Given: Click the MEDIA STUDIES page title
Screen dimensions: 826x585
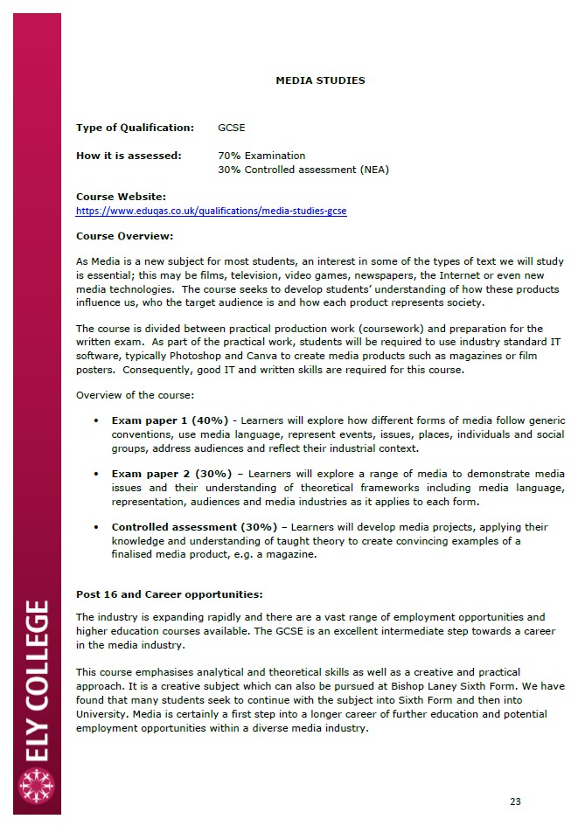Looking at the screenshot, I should pos(320,80).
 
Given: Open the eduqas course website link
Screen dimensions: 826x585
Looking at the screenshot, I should pos(211,211).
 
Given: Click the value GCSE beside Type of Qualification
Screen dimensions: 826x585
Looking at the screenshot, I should pos(231,128).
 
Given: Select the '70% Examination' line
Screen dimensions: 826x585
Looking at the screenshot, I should pos(261,156).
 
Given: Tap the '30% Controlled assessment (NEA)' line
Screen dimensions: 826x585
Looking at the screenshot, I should pos(303,170).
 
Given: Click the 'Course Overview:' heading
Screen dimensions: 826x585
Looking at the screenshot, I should pos(124,236).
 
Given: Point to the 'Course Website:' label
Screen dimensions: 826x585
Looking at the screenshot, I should pos(121,198).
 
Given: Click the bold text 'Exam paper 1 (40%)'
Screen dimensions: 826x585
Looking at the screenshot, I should pos(170,420).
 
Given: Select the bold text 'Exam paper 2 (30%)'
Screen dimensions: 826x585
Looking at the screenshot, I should pos(170,474).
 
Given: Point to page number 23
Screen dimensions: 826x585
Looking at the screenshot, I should pos(514,802).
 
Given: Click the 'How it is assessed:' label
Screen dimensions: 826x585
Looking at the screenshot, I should pos(129,156).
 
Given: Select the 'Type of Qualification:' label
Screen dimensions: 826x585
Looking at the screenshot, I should pos(135,128).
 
